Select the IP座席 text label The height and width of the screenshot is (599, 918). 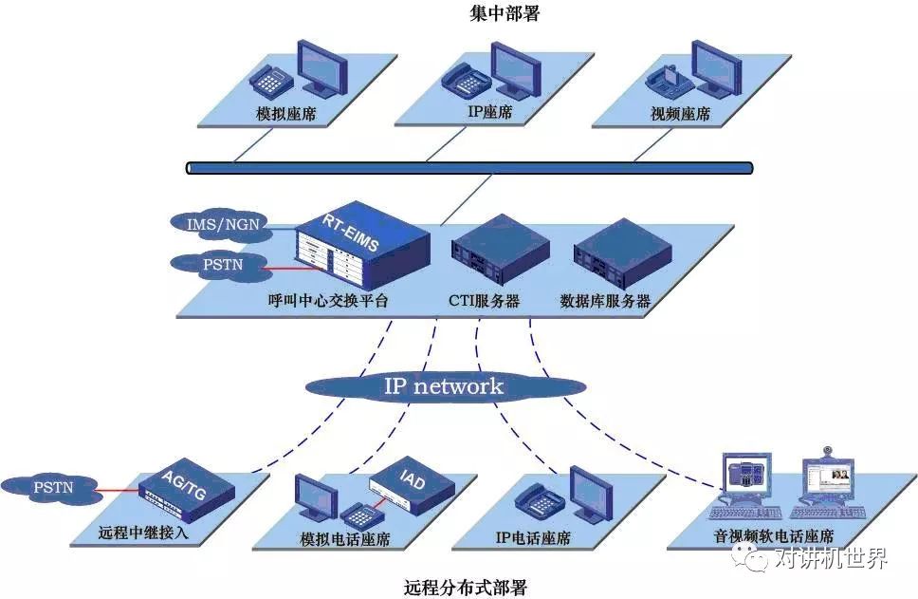[x=489, y=112]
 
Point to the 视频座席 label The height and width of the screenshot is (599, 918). [x=680, y=115]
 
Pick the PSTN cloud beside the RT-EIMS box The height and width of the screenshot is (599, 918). [x=220, y=264]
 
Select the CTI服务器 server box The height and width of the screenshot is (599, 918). [x=499, y=252]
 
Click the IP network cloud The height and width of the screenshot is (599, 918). [x=443, y=386]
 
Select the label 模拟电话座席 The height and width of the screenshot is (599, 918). [x=344, y=539]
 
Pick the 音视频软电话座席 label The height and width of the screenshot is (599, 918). [x=774, y=536]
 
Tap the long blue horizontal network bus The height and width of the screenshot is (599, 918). [x=469, y=168]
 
